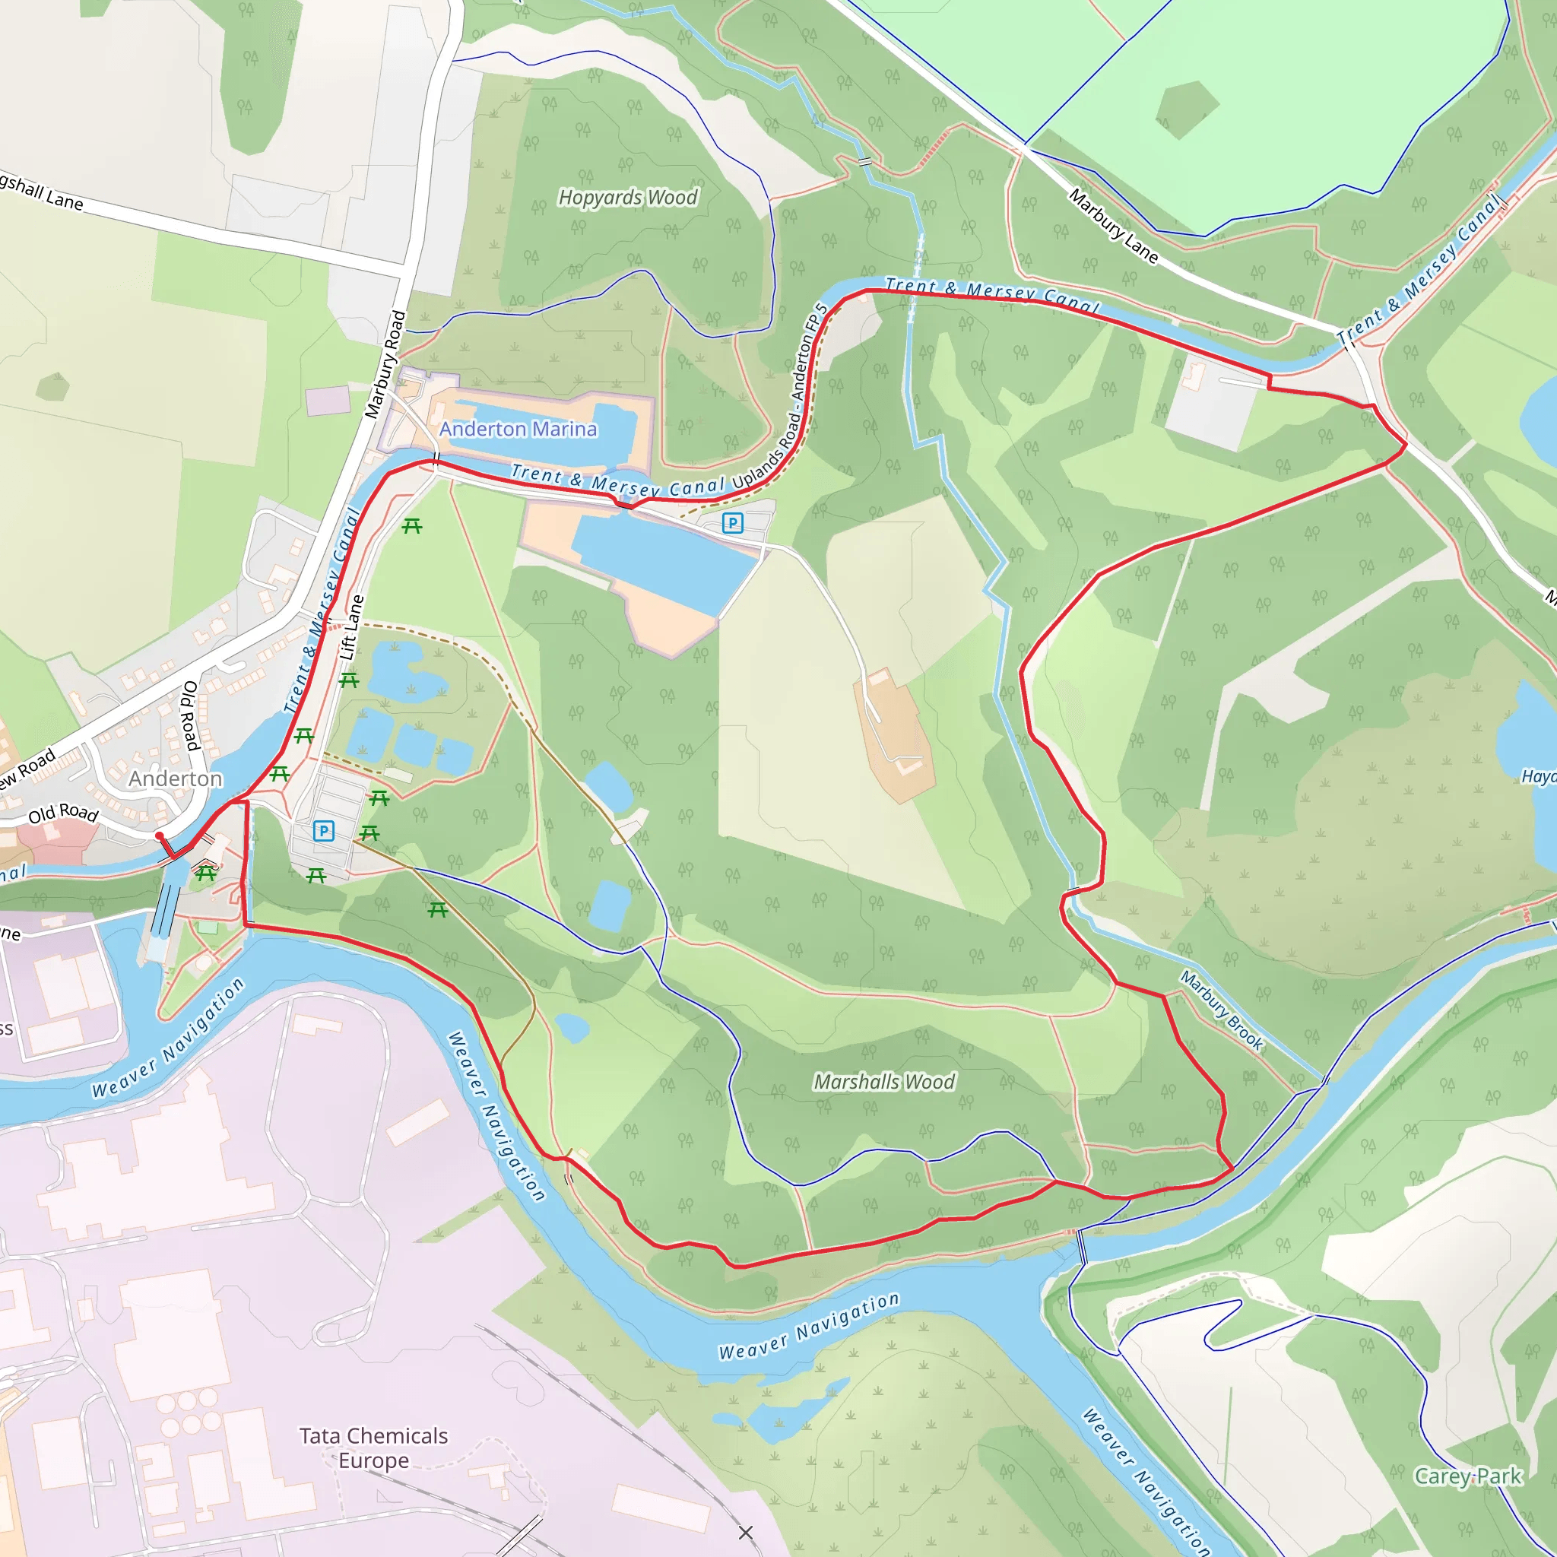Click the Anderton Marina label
(518, 429)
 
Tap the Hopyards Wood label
(628, 198)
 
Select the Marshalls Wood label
(884, 1082)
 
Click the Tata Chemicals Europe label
(373, 1448)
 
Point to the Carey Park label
(1467, 1476)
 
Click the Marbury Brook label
(1222, 1010)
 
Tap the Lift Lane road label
(351, 628)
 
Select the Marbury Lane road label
(1113, 226)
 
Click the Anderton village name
(175, 778)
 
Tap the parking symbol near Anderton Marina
(732, 523)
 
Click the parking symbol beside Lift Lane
(323, 831)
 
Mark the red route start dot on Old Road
(160, 836)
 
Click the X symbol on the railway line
(746, 1532)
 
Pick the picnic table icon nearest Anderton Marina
(412, 526)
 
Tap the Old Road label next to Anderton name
(63, 813)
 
